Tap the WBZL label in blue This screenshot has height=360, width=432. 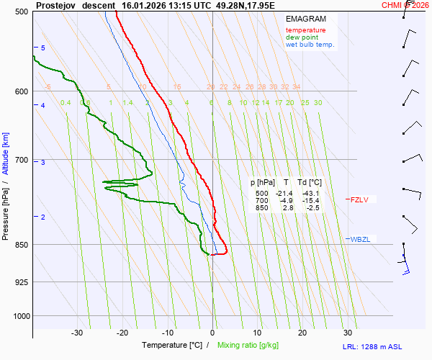360,239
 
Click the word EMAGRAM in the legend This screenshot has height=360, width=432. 305,19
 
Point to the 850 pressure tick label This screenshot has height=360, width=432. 21,246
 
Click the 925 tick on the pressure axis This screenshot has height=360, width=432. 21,282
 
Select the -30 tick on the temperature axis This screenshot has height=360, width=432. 77,333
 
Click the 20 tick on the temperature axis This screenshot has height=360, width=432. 302,333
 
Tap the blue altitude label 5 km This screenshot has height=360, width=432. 43,48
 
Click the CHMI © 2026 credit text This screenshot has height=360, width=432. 405,5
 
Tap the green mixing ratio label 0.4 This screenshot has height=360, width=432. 66,103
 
